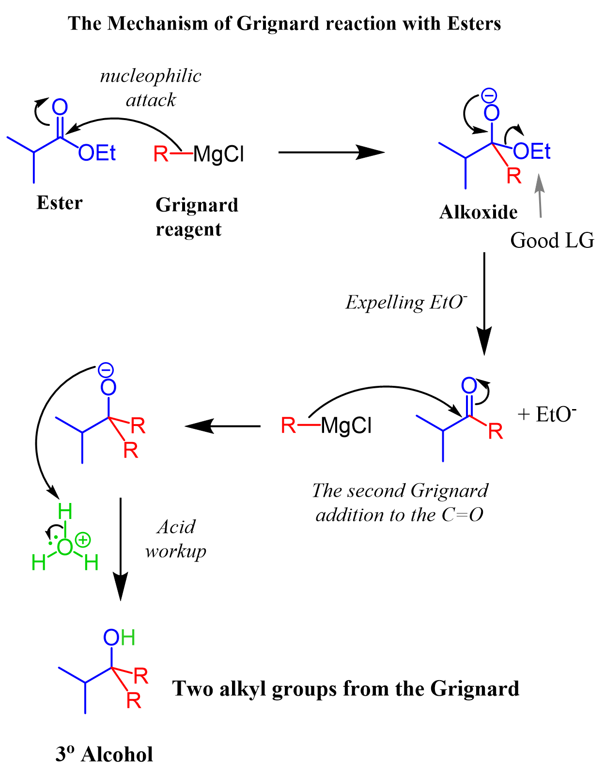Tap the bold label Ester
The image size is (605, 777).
click(x=60, y=203)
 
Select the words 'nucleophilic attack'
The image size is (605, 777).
click(x=151, y=88)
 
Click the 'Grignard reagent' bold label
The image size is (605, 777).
click(x=197, y=216)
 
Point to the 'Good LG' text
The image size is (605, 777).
click(x=552, y=240)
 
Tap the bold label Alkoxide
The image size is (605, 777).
click(x=478, y=212)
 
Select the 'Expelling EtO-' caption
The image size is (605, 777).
click(x=406, y=302)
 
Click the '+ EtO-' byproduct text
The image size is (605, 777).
click(x=547, y=414)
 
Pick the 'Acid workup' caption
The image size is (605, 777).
click(x=176, y=538)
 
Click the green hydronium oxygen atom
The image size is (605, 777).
click(x=64, y=547)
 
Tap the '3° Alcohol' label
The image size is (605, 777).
click(x=104, y=754)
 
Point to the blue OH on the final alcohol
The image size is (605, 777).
click(x=119, y=637)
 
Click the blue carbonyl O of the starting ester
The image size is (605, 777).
click(x=60, y=107)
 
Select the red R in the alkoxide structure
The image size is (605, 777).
click(x=513, y=177)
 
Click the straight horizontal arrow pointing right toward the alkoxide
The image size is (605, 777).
click(x=331, y=152)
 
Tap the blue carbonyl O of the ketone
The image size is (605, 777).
click(x=469, y=386)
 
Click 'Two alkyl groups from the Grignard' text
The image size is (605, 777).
click(x=346, y=688)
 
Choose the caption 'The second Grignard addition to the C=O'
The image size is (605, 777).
click(x=400, y=503)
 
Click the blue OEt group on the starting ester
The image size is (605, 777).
click(x=97, y=153)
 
